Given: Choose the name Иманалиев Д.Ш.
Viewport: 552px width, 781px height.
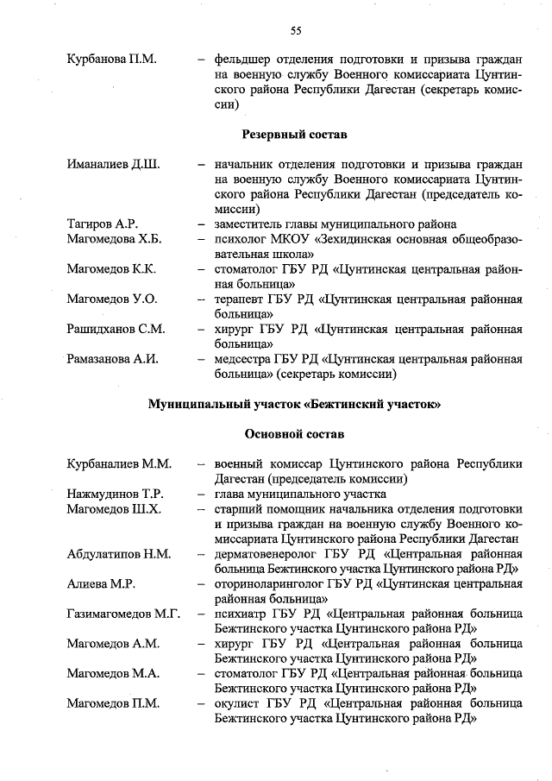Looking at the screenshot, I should click(113, 163).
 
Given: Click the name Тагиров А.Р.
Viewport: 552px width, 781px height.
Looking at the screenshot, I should click(103, 224).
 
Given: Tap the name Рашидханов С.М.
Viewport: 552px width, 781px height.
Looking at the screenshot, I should click(116, 329).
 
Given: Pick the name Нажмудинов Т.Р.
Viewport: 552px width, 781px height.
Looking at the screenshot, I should click(116, 494).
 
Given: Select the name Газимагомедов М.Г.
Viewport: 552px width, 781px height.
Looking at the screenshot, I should click(123, 614).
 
